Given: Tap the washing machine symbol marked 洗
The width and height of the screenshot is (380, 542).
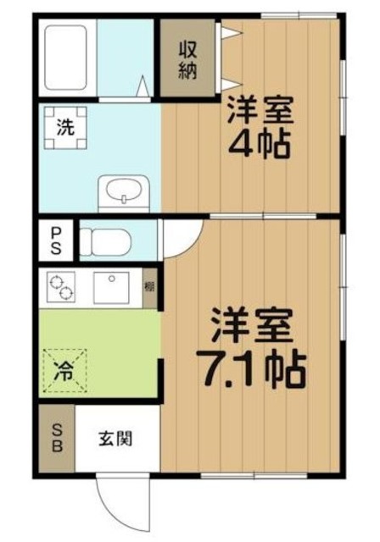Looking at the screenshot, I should coord(64,129).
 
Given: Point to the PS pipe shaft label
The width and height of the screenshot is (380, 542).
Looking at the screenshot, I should coord(56,240).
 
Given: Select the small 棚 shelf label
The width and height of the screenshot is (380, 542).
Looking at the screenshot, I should coord(149,286).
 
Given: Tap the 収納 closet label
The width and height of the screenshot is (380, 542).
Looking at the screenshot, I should coord(186,59).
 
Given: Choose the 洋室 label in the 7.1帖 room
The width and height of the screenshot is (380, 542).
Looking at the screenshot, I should coord(252,324).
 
